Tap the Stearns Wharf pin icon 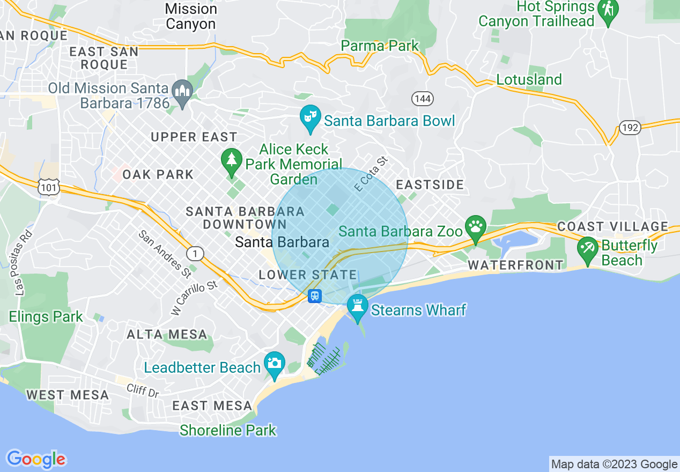click(x=357, y=306)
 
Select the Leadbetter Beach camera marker click(x=275, y=363)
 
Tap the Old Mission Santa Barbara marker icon click(x=182, y=91)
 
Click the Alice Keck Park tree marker click(x=231, y=160)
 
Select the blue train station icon click(x=315, y=296)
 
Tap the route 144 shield click(x=423, y=99)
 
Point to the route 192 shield click(x=629, y=128)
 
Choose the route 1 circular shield click(x=196, y=254)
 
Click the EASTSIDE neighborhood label click(x=430, y=185)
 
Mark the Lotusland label click(x=529, y=79)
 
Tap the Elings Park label click(x=46, y=316)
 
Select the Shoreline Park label click(x=228, y=430)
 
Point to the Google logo click(x=36, y=459)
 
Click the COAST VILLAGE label click(x=612, y=226)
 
